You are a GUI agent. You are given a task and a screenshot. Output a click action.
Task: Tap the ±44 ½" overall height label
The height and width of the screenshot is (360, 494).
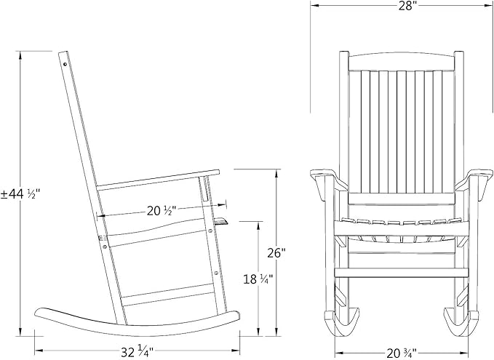click(20, 193)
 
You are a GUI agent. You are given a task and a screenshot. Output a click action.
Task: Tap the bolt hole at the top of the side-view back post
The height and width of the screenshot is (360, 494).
click(66, 64)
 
